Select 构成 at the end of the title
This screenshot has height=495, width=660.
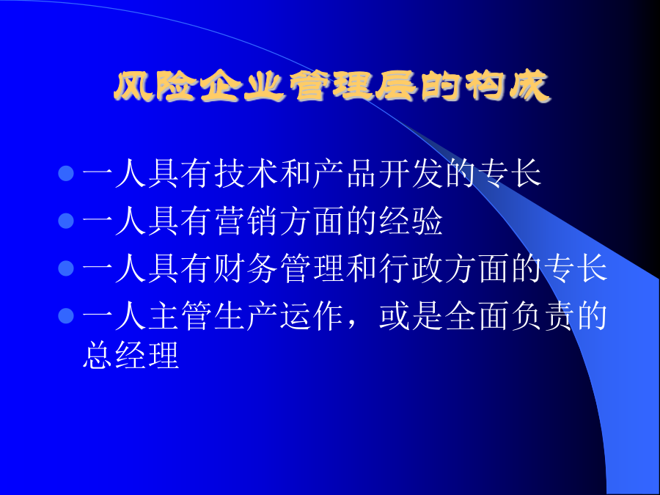point(507,87)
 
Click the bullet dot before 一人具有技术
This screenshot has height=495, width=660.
point(66,173)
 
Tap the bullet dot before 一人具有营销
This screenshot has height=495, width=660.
point(66,221)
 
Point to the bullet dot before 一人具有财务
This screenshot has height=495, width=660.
point(66,268)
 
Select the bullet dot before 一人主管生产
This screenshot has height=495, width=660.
point(66,315)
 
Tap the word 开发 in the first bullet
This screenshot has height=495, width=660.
point(411,173)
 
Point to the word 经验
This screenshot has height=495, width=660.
point(411,221)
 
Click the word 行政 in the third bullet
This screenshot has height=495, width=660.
point(411,268)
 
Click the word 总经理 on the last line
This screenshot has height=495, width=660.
point(131,354)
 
